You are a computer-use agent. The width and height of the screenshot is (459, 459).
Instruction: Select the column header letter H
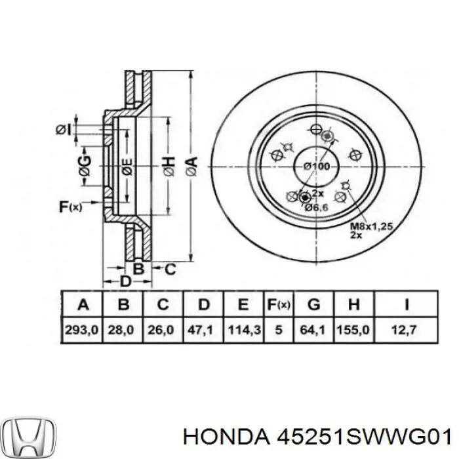(x=353, y=304)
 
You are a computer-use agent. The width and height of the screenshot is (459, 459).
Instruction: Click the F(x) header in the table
(x=279, y=304)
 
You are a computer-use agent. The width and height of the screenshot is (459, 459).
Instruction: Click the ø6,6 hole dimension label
(x=316, y=207)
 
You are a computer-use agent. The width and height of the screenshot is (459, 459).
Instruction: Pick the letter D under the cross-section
(x=126, y=281)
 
